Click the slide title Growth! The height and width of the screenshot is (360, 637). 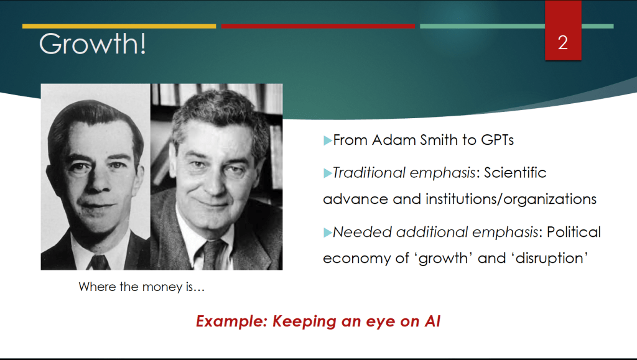tap(92, 44)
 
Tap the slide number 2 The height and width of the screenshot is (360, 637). tap(562, 43)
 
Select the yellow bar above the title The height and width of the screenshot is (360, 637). tap(119, 26)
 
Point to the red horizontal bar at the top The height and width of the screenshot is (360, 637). tap(318, 26)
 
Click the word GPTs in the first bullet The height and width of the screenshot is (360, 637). tap(497, 140)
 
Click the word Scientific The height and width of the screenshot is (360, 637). tap(515, 172)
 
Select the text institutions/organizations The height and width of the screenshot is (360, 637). tap(511, 200)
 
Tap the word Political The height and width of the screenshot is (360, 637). tap(574, 232)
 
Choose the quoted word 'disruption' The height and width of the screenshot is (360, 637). tap(550, 258)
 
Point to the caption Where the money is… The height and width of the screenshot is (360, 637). tap(141, 287)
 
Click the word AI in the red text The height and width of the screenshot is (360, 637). tap(433, 321)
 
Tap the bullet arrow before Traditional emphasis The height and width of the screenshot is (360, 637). tap(327, 173)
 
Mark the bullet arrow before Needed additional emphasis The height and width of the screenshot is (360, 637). tap(327, 233)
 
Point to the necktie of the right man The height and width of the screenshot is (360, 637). tap(213, 255)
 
